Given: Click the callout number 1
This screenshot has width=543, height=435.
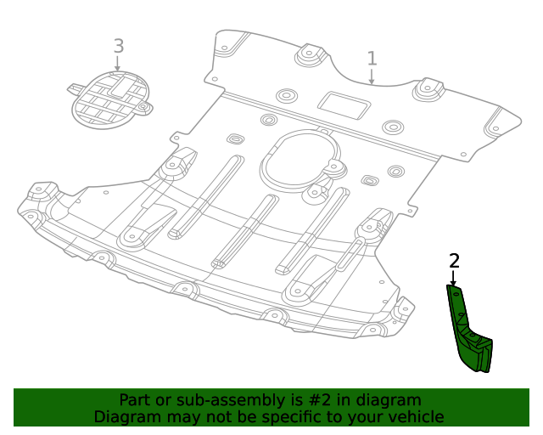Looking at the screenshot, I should click(x=372, y=58).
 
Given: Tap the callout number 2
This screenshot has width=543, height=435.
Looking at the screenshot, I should click(x=454, y=261).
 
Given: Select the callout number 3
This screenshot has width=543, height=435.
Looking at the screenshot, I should click(x=118, y=46).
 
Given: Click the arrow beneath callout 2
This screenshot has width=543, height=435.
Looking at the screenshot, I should click(x=454, y=279).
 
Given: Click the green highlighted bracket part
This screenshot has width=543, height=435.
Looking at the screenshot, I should click(x=469, y=336).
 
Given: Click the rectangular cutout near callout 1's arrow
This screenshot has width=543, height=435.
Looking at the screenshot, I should click(x=344, y=105).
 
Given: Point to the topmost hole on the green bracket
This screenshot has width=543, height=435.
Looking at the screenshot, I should click(x=455, y=293).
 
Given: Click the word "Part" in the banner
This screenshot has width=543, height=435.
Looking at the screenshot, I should click(x=135, y=400).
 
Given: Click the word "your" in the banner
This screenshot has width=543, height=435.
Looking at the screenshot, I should click(x=367, y=417).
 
